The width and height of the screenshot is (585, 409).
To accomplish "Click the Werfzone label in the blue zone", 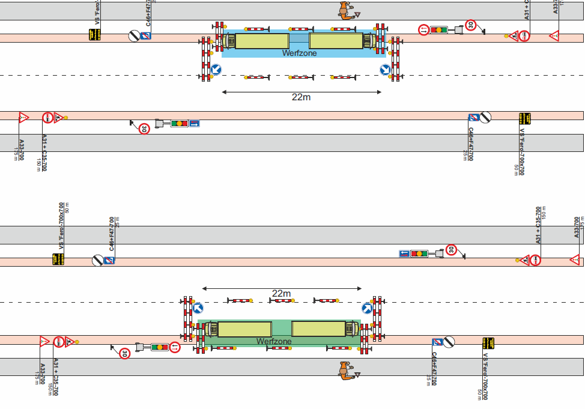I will click(299, 53).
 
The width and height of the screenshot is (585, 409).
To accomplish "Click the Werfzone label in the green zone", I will click(274, 341).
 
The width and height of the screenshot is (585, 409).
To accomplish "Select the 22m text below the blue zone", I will click(302, 97).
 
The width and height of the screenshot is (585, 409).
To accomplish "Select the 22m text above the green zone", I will click(281, 294).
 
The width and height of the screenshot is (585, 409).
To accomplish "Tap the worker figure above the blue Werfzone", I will click(345, 11).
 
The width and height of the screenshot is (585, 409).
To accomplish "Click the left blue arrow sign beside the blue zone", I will click(216, 70).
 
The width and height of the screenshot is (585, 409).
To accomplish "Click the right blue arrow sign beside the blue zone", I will click(385, 70).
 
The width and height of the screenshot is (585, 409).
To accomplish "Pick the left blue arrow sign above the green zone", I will click(198, 308).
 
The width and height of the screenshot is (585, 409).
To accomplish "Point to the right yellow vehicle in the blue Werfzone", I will click(336, 40).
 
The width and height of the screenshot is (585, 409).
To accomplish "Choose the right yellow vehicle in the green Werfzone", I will click(318, 329).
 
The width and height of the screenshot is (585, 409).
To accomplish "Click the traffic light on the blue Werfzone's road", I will click(439, 29).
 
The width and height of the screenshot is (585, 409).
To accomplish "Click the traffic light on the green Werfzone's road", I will click(159, 347).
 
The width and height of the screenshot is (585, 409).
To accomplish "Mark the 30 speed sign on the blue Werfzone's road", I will click(471, 25).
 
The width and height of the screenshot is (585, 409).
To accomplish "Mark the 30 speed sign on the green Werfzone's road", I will click(124, 354).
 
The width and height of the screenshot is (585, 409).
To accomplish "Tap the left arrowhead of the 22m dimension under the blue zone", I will click(223, 92).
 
